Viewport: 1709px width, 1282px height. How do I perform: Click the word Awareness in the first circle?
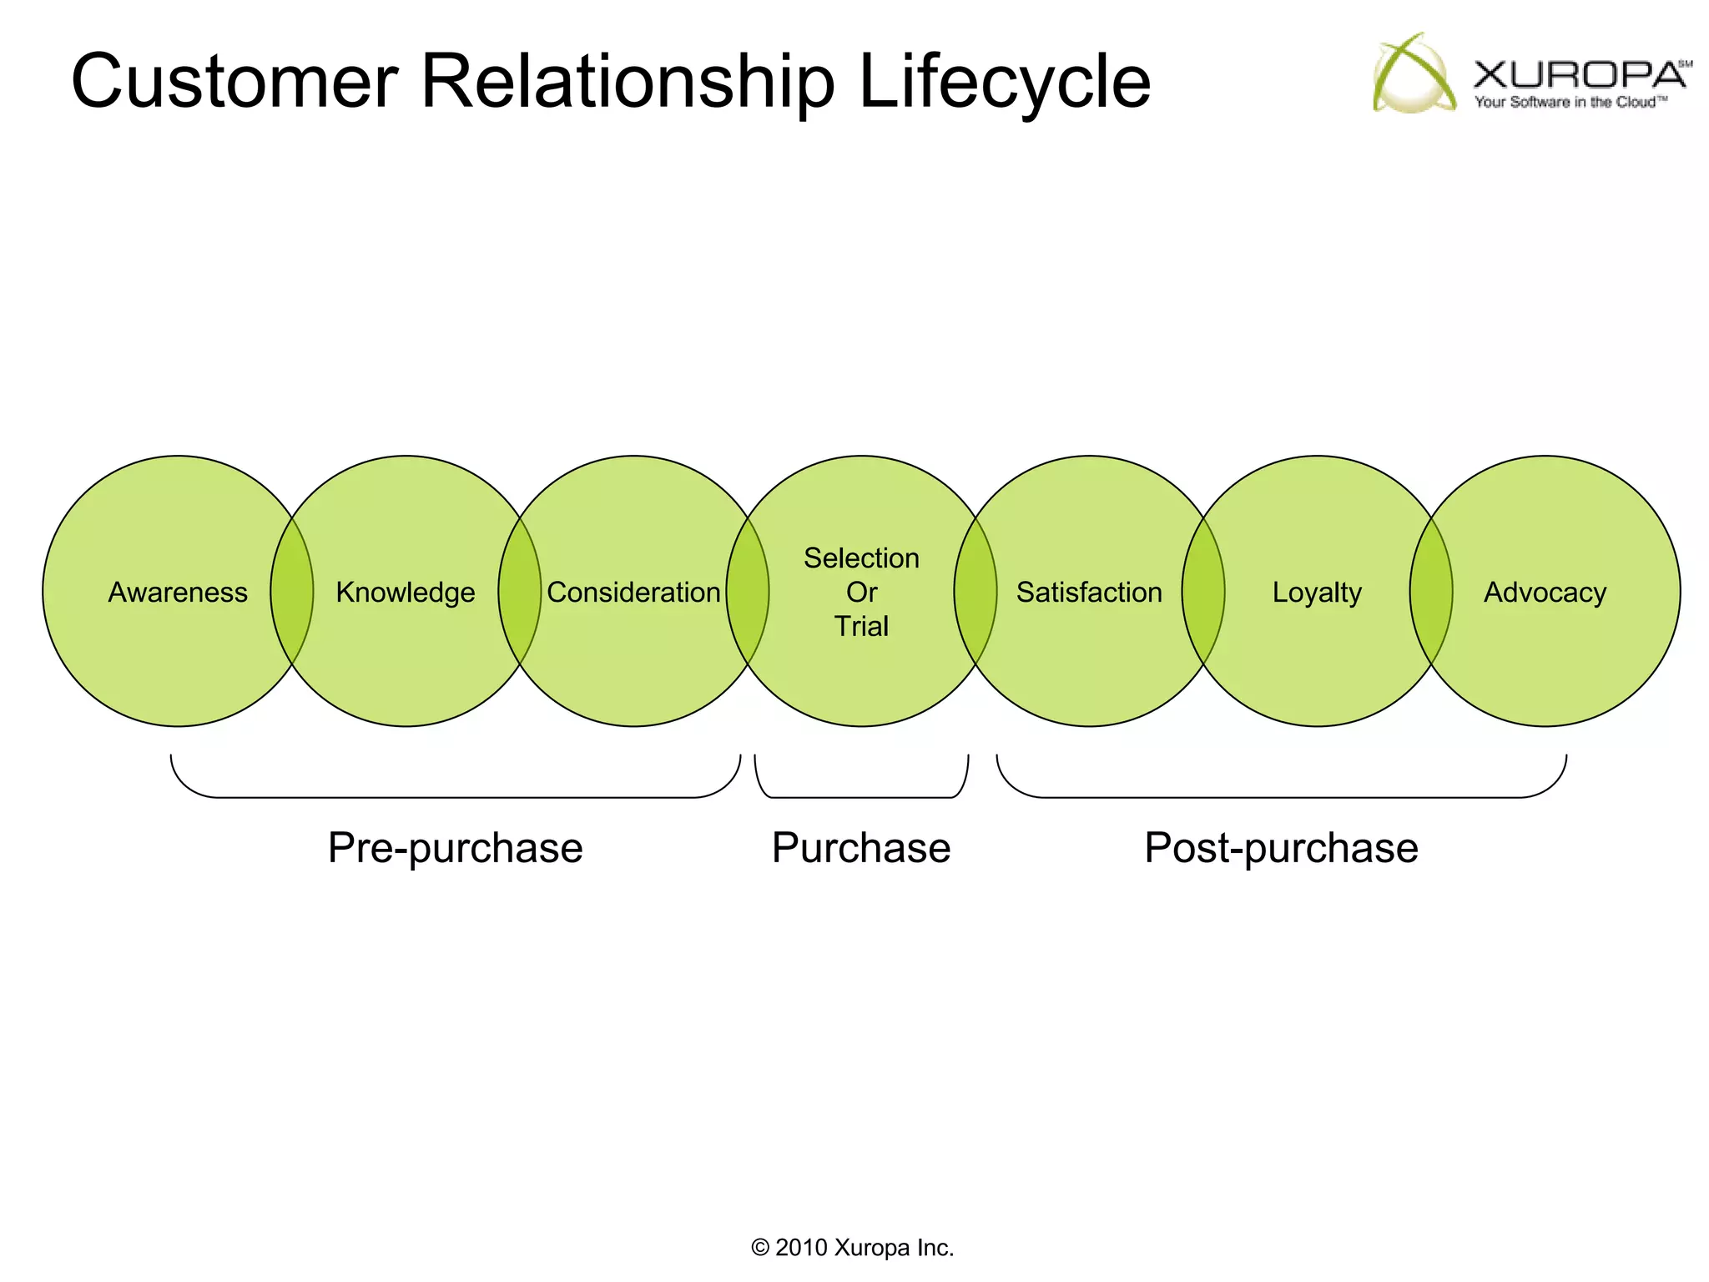coord(178,593)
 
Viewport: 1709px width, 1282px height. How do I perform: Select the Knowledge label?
coord(406,593)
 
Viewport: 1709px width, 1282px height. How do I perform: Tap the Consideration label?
coord(633,593)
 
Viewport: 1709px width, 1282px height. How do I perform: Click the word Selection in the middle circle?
coord(861,558)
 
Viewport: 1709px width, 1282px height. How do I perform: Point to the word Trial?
coord(861,626)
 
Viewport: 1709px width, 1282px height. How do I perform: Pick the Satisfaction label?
coord(1089,593)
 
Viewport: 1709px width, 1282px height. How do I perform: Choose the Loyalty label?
coord(1317,593)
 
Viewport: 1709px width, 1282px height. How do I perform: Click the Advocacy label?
coord(1545,593)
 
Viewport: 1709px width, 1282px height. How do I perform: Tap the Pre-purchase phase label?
coord(455,848)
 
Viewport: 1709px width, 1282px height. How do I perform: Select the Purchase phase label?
coord(861,848)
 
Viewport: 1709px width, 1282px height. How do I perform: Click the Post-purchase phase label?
coord(1281,848)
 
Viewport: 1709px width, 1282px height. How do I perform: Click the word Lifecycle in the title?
coord(1004,82)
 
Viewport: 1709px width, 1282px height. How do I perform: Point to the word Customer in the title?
coord(234,82)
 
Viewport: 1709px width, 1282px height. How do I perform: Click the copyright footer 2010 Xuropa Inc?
coord(853,1248)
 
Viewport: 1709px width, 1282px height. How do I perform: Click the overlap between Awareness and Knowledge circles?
coord(292,592)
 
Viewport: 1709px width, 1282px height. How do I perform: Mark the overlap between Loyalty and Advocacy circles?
coord(1431,592)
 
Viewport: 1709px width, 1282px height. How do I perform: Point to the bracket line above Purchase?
coord(861,797)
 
